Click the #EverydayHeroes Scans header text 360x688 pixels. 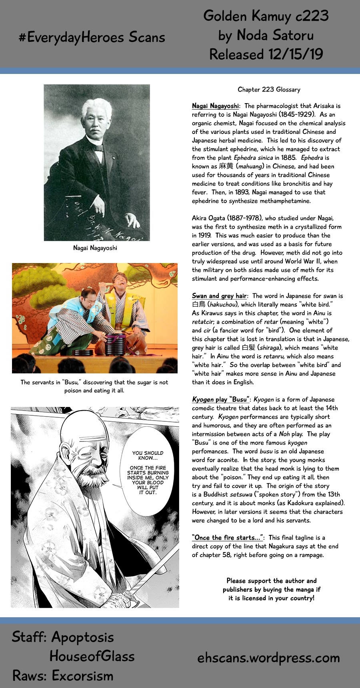pos(92,38)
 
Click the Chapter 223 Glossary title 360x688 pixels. pos(269,90)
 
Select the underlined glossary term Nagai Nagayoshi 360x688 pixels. pos(215,106)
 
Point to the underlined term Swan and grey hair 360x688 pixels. pos(219,296)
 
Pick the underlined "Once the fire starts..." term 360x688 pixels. pos(227,538)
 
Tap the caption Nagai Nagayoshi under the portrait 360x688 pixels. pos(95,248)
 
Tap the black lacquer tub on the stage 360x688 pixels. pos(115,344)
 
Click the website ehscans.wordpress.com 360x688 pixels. pos(268,658)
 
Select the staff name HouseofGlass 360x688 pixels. pos(92,656)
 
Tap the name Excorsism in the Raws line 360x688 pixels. pos(82,676)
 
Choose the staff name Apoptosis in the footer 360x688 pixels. pos(82,637)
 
